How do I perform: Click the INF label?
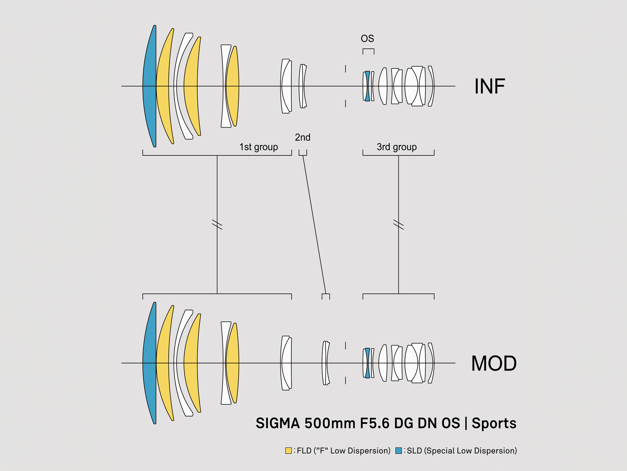(490, 86)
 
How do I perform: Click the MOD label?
(494, 363)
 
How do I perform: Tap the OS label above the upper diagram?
(367, 39)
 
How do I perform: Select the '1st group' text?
(259, 147)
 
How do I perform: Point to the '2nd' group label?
(303, 137)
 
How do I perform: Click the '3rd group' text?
(397, 147)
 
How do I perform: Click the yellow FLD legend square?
(288, 451)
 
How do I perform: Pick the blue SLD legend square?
(398, 451)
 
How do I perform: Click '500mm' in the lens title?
(330, 423)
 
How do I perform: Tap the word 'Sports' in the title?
(494, 423)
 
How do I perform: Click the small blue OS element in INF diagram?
(368, 86)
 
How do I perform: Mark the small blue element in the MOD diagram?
(368, 363)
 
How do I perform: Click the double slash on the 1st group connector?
(217, 225)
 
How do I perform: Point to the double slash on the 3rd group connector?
(398, 225)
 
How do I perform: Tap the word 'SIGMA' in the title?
(278, 423)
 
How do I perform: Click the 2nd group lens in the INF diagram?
(303, 86)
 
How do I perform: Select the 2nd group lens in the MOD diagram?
(326, 363)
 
